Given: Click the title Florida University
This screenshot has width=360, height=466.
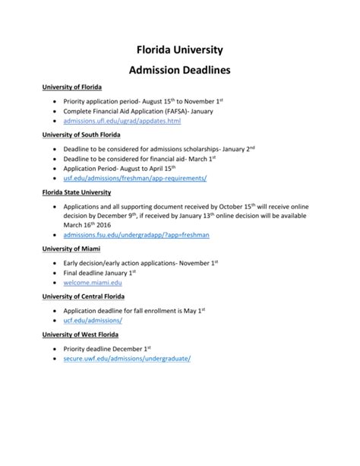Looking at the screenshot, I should [x=179, y=51].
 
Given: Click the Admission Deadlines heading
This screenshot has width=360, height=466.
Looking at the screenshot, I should [x=179, y=71].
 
